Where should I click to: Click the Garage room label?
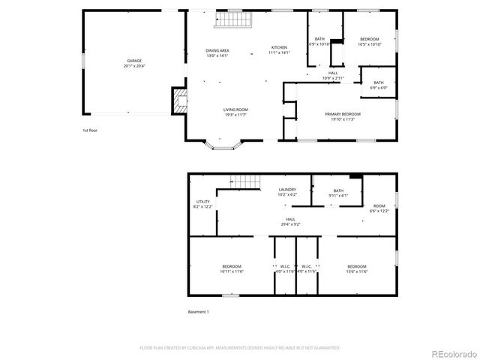(x=133, y=63)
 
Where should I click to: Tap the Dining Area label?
(x=217, y=52)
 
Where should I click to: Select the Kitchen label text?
(x=278, y=50)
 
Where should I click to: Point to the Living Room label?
(x=235, y=112)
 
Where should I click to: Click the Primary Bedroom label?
(x=339, y=116)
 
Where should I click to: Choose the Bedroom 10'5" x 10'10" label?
(x=370, y=41)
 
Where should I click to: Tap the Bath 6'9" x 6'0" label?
(x=378, y=85)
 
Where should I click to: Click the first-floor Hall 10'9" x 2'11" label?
(x=333, y=75)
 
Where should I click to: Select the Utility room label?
(x=203, y=204)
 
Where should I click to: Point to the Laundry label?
(x=287, y=192)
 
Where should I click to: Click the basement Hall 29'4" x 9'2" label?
(x=290, y=221)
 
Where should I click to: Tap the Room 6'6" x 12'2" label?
(x=379, y=208)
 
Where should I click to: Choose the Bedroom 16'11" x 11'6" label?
(x=232, y=268)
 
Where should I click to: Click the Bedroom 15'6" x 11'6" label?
(x=356, y=268)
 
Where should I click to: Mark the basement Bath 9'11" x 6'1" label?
(x=338, y=193)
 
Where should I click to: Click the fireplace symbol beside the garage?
(x=178, y=100)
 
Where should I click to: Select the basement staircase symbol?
(x=243, y=181)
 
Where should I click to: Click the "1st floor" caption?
(x=91, y=130)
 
